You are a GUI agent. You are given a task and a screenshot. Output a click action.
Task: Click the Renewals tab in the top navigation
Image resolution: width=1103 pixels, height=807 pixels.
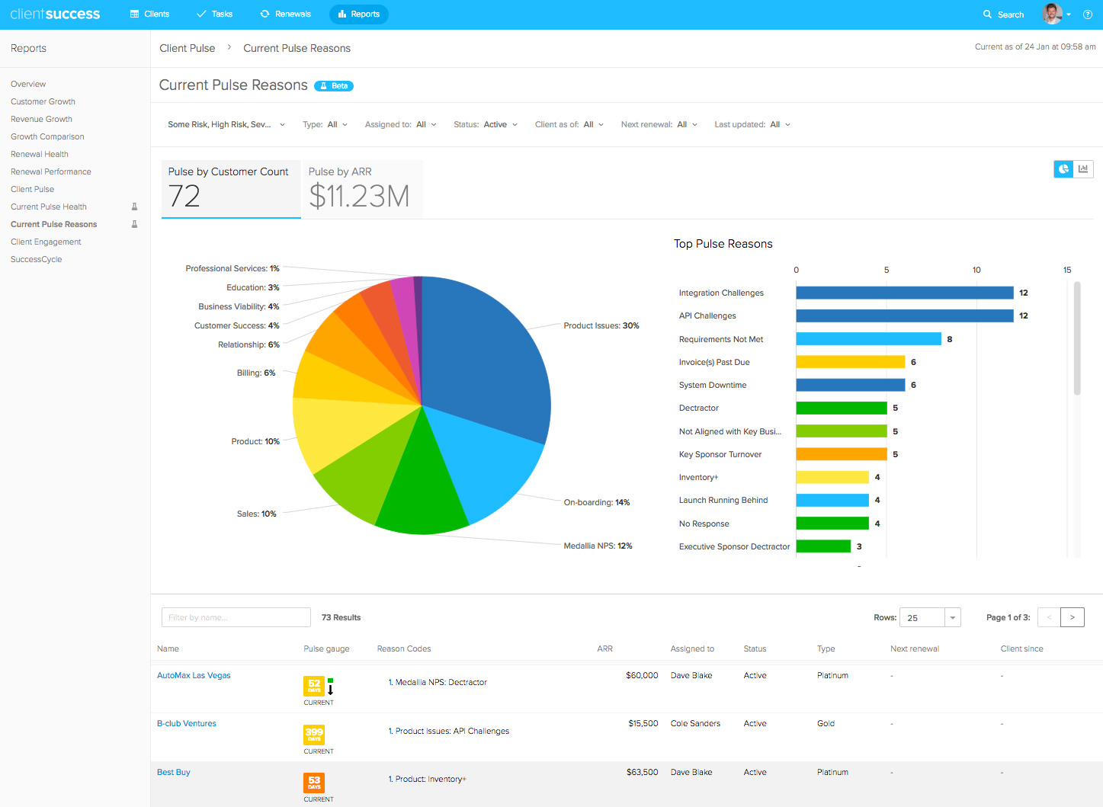286,14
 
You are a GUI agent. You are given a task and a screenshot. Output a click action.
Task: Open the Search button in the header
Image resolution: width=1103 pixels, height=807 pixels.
1003,14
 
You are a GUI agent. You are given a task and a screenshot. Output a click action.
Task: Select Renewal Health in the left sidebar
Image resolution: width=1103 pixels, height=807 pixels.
40,154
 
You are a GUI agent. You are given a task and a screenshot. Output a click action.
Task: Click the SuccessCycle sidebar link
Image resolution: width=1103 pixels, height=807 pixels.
37,259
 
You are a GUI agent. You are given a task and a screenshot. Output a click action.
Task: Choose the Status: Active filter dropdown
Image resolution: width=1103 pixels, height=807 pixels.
486,124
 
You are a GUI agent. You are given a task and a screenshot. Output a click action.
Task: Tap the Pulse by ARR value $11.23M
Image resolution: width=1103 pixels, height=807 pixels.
359,197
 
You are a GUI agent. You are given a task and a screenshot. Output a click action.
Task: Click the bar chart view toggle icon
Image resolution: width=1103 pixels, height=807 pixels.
1083,169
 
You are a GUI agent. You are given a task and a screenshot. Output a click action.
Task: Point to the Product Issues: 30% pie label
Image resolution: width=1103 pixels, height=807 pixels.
601,325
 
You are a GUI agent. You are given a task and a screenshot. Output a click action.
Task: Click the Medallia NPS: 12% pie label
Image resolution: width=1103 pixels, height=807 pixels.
598,546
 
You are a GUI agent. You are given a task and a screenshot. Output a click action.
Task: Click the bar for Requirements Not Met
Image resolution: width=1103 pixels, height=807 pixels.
868,339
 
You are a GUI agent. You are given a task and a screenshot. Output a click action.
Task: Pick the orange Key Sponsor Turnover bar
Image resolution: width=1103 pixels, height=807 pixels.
842,454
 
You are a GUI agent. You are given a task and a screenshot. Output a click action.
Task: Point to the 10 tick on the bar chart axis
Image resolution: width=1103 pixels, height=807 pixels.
976,270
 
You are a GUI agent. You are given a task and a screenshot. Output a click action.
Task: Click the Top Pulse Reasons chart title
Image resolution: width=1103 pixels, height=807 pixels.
723,244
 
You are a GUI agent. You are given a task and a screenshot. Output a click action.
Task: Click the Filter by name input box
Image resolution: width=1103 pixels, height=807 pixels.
236,617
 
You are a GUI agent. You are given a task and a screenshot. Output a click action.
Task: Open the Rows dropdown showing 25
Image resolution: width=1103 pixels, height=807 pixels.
929,617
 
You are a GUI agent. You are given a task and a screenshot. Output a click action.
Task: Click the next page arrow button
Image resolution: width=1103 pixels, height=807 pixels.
1072,617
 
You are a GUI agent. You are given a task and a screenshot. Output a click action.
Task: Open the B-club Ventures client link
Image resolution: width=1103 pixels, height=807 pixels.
187,723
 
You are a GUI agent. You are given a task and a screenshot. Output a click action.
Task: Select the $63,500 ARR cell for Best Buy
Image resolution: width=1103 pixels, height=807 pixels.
642,772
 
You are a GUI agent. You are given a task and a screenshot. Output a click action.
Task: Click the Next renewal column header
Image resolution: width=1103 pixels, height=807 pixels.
915,648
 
